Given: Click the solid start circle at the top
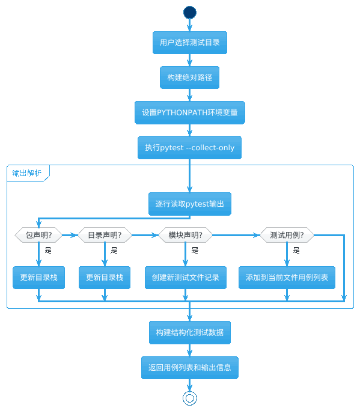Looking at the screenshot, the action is click(x=189, y=13).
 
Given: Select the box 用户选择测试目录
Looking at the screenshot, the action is click(x=189, y=43).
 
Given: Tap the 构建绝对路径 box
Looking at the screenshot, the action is click(x=189, y=78).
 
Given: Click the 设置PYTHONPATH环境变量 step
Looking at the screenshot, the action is click(x=189, y=112).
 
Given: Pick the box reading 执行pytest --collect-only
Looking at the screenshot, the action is click(x=189, y=147).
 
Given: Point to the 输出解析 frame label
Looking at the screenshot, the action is click(x=26, y=173).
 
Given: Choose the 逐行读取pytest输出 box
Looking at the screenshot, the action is click(x=189, y=204).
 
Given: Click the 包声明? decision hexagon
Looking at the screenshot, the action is click(x=38, y=235).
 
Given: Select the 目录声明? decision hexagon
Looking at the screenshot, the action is click(x=105, y=235).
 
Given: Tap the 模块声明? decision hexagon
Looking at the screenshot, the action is click(x=185, y=235).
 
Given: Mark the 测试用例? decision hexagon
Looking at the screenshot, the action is click(x=287, y=235).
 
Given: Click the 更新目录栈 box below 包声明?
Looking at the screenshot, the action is click(x=38, y=278).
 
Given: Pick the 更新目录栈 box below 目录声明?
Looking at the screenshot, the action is click(x=105, y=278).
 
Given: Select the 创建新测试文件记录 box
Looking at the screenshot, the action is click(x=185, y=278).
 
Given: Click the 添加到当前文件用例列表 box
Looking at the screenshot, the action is click(x=287, y=278).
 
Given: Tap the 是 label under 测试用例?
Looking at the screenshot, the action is click(x=296, y=251).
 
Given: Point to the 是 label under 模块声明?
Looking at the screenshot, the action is click(x=195, y=251).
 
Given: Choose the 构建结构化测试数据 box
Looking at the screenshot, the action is click(x=189, y=332).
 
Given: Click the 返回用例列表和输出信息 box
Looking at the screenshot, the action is click(x=189, y=368).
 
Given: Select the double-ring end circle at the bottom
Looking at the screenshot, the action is click(x=189, y=393).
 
